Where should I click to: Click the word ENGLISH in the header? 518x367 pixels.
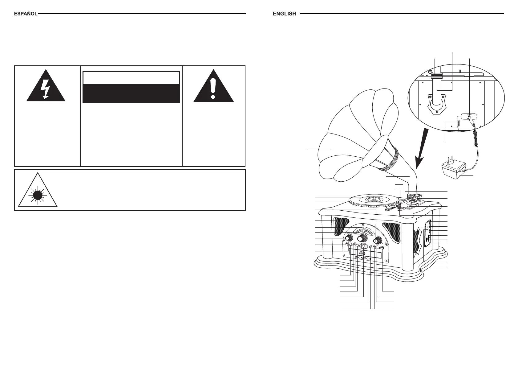[284, 14]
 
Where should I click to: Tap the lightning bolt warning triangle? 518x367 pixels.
[46, 87]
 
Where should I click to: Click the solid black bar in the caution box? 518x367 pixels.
[131, 93]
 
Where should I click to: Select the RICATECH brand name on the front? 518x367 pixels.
[363, 258]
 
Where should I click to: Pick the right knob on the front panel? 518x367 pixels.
[378, 241]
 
